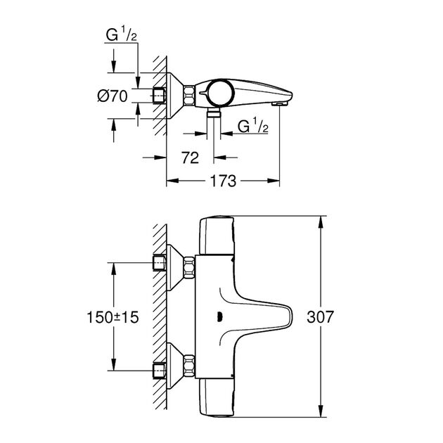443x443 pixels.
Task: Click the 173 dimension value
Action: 222,181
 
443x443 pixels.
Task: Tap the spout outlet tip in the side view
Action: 280,104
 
